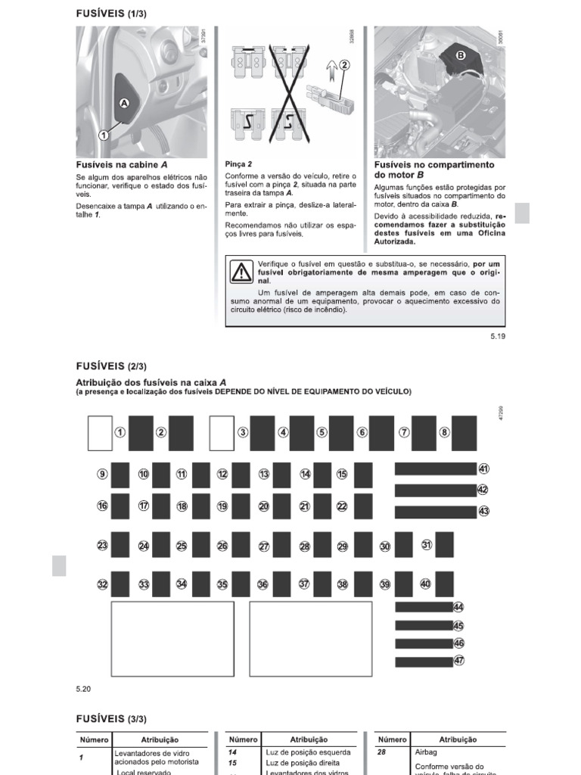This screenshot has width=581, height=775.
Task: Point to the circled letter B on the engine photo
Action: [x=460, y=54]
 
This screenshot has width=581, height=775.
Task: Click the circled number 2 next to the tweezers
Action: [x=344, y=65]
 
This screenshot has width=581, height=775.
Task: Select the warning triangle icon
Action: [x=241, y=272]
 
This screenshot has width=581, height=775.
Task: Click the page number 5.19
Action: [x=497, y=336]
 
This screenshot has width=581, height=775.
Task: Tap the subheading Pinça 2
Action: [x=238, y=163]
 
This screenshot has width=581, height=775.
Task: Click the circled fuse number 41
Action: [x=484, y=469]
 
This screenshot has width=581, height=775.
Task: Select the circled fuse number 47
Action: [x=458, y=661]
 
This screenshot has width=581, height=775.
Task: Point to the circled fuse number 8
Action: [x=445, y=432]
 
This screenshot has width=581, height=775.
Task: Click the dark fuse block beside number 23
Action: [x=120, y=545]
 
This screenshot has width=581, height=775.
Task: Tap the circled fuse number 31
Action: [x=427, y=544]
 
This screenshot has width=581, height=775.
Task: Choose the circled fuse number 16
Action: [x=102, y=506]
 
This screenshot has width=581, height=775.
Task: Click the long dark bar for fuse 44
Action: [x=423, y=607]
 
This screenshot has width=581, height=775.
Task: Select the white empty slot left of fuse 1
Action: [x=100, y=432]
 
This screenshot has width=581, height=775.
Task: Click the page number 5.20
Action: [x=83, y=689]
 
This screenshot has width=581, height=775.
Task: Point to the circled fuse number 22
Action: [x=342, y=506]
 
